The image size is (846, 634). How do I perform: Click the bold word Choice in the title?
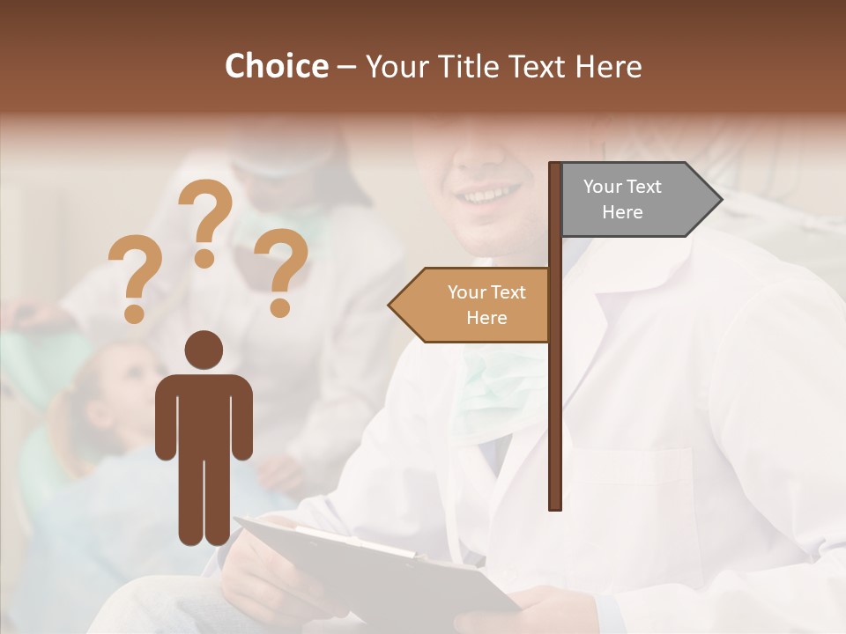[x=276, y=66]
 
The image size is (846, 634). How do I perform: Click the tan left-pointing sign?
[x=476, y=305]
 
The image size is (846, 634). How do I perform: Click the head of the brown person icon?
[x=204, y=350]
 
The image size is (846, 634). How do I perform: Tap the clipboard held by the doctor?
[x=379, y=564]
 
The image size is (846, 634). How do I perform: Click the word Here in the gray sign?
[x=622, y=212]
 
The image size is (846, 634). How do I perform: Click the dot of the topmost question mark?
[x=205, y=259]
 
